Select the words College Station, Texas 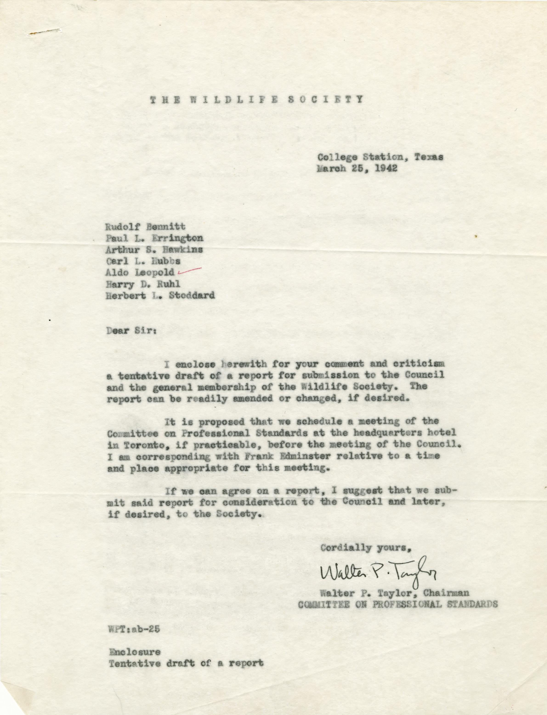[x=380, y=157]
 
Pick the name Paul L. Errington [x=155, y=238]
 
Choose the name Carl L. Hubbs [x=143, y=261]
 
